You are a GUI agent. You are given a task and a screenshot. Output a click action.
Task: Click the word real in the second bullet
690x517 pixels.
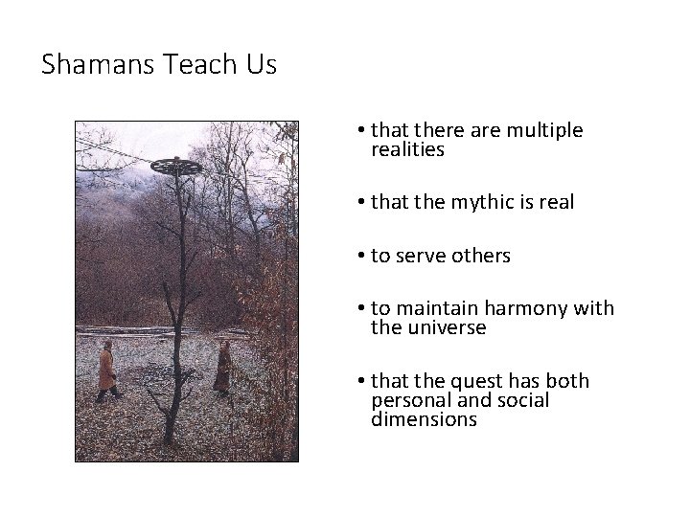coord(552,203)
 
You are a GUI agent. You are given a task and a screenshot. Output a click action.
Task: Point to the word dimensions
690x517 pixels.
coord(424,419)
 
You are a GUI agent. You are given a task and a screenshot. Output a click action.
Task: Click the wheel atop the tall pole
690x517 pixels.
coord(177,166)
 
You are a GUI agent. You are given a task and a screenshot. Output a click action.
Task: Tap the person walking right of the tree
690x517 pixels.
coord(222,367)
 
